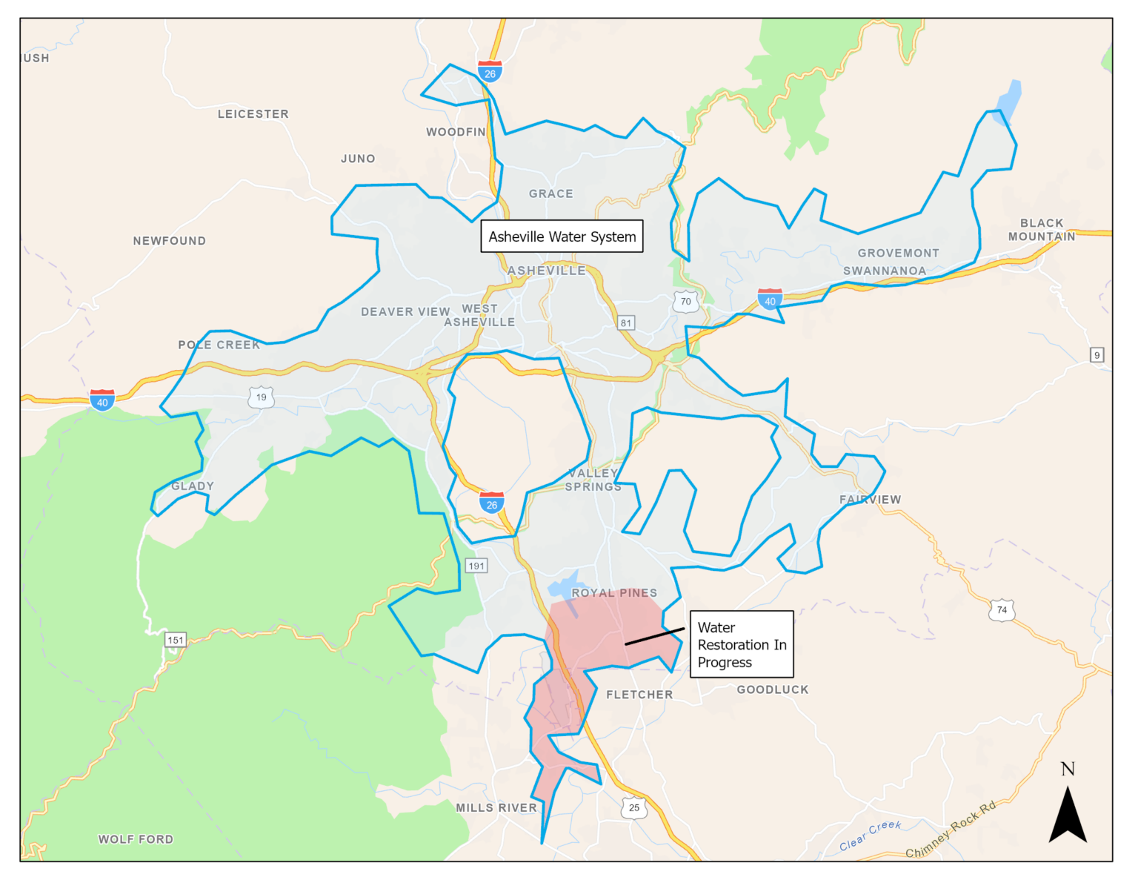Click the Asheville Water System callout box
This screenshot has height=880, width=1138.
(x=562, y=236)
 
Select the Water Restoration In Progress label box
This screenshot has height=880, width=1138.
(x=741, y=644)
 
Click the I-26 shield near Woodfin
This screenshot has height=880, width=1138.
(x=490, y=71)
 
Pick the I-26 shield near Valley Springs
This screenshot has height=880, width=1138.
(x=491, y=503)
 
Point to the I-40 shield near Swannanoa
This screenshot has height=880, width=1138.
(x=770, y=299)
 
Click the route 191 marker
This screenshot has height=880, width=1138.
(x=476, y=566)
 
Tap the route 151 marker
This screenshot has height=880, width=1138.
(x=176, y=640)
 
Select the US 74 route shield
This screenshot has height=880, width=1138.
(x=1002, y=610)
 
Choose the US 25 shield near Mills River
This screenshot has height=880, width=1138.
(x=634, y=807)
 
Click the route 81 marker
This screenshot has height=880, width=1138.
(x=626, y=322)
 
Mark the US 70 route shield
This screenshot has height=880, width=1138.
(x=685, y=301)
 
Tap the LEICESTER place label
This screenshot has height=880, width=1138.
(x=253, y=114)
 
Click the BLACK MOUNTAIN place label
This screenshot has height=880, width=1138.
(x=1041, y=230)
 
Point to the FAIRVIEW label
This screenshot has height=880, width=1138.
(x=870, y=500)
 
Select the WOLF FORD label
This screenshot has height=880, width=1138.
(x=136, y=839)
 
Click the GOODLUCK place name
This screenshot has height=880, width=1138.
(x=772, y=689)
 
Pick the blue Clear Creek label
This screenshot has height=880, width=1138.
(x=870, y=836)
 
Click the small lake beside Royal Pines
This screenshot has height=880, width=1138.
(x=562, y=586)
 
